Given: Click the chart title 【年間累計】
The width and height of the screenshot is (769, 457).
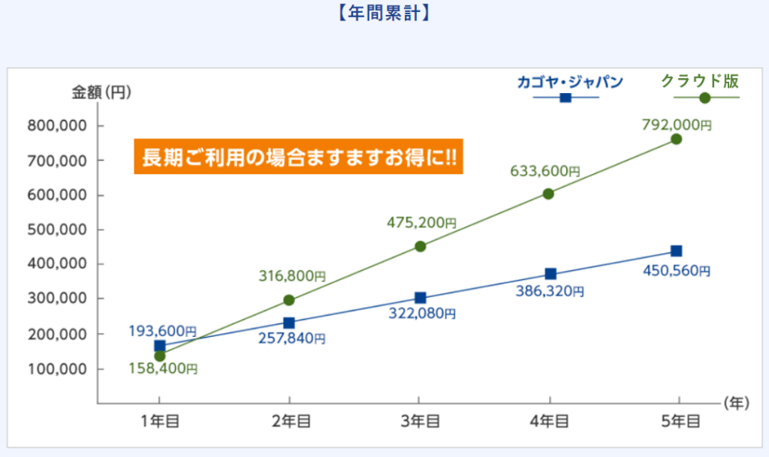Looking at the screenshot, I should (384, 13).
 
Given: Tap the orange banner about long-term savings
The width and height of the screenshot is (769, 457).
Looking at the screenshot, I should (299, 158).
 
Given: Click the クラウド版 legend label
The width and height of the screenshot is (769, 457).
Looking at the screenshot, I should (700, 80).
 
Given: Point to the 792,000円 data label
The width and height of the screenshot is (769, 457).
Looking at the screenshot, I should (676, 125).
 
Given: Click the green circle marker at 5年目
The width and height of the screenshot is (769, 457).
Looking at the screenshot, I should (676, 139).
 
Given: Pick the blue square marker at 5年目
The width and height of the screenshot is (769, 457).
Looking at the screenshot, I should (676, 251).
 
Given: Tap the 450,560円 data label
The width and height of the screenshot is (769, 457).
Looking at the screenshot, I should (676, 271).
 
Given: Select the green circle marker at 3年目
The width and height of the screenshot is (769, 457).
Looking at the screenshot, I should (420, 246).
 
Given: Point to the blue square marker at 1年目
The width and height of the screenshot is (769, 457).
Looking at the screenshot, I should (159, 346).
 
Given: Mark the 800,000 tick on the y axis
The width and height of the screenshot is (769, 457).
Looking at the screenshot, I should (56, 126).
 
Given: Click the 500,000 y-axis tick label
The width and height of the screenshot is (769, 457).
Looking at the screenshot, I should (56, 230).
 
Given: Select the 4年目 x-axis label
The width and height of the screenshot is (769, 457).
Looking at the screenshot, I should (550, 422).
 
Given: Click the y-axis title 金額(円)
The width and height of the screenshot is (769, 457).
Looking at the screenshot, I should (101, 92).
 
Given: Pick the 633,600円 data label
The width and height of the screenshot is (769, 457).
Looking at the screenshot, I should (547, 171).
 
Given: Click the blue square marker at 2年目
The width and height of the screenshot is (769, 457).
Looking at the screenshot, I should (289, 323).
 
